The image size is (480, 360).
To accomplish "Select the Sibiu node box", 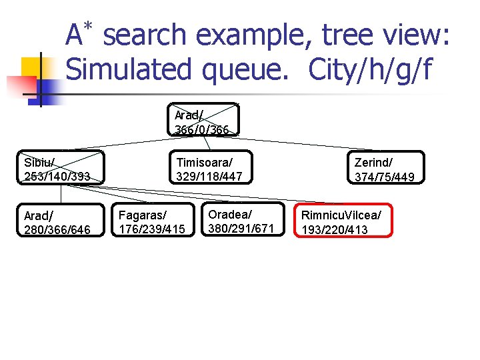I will [61, 168].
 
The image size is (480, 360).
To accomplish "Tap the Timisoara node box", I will [209, 168].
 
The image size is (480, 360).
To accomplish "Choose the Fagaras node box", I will [153, 221].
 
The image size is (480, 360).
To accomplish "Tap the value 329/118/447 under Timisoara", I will [209, 177].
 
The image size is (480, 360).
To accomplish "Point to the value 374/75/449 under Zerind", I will [385, 177].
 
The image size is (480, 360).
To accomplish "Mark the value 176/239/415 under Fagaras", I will [153, 229].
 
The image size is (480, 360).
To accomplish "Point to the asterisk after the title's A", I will [87, 25].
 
